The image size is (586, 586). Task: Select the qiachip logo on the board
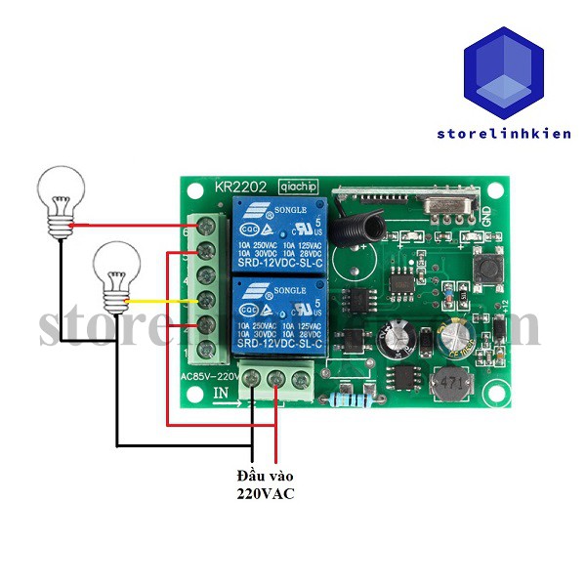click(x=296, y=185)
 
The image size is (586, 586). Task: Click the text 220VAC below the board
click(x=265, y=494)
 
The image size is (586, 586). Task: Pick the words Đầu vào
click(x=265, y=475)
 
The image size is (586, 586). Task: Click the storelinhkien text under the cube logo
click(x=504, y=134)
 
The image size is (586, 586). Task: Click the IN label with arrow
click(x=224, y=393)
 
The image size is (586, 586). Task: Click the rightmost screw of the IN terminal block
click(x=299, y=377)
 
